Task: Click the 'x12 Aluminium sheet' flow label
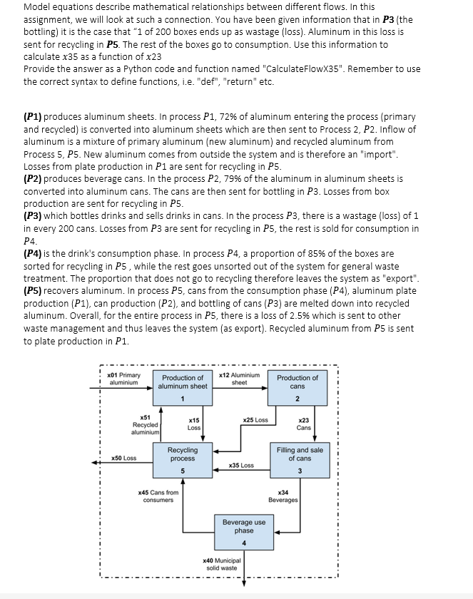coord(239,379)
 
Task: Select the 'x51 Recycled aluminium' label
coord(145,424)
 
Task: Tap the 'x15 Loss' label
coord(193,424)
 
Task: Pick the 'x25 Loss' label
coord(255,420)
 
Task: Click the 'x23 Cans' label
coord(303,424)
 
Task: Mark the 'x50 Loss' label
coord(124,458)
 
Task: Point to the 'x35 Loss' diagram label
coord(240,465)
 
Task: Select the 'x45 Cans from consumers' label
coord(158,496)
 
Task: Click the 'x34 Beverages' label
coord(283,496)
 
